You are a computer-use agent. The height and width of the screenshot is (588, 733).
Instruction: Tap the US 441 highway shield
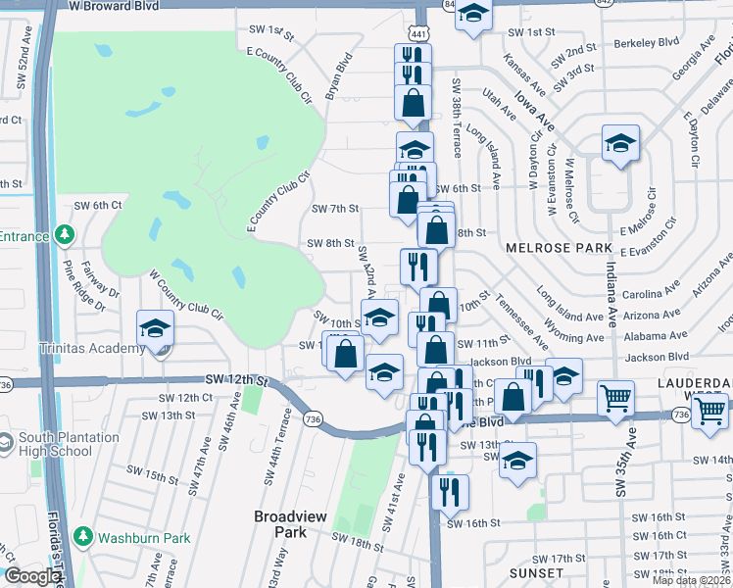click(418, 33)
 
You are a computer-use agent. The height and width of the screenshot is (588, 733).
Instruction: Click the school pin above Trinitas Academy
click(155, 328)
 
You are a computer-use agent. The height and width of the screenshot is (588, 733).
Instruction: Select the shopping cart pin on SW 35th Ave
click(616, 398)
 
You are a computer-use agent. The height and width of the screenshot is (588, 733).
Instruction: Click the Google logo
click(32, 576)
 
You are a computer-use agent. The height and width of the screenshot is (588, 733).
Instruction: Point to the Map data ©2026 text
click(692, 580)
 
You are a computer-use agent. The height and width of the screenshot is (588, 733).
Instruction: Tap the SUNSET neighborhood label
click(537, 572)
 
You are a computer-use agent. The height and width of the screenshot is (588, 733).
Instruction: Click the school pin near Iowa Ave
click(620, 143)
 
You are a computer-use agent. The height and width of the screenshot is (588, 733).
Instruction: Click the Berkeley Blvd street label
click(646, 42)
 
